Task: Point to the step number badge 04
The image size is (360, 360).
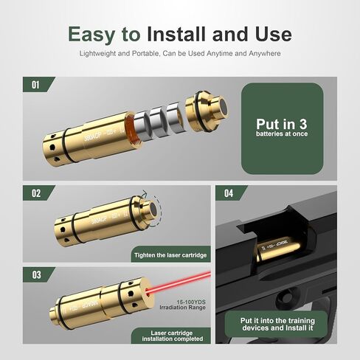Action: coord(228,194)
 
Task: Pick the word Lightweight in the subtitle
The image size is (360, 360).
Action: coord(101,55)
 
